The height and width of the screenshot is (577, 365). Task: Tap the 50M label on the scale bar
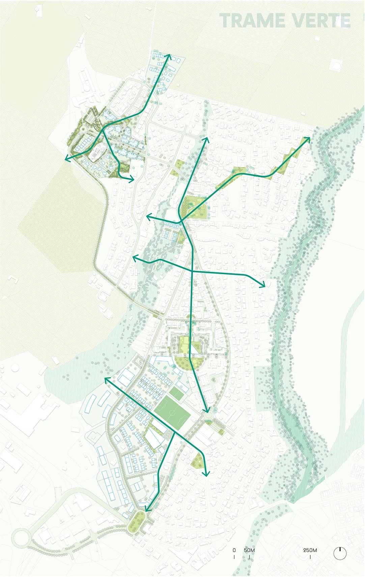pyautogui.click(x=249, y=550)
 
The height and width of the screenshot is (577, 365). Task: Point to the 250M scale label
pyautogui.click(x=310, y=550)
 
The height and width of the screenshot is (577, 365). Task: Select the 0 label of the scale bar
pyautogui.click(x=234, y=550)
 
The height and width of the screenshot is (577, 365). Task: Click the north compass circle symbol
pyautogui.click(x=340, y=553)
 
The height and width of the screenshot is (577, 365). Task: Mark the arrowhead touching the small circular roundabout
pyautogui.click(x=206, y=410)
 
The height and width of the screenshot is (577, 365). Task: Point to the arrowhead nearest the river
pyautogui.click(x=308, y=139)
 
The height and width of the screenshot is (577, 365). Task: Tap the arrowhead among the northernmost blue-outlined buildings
pyautogui.click(x=168, y=56)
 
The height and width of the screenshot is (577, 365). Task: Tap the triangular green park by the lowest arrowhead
pyautogui.click(x=197, y=460)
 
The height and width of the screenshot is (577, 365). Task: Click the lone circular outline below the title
pyautogui.click(x=336, y=64)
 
